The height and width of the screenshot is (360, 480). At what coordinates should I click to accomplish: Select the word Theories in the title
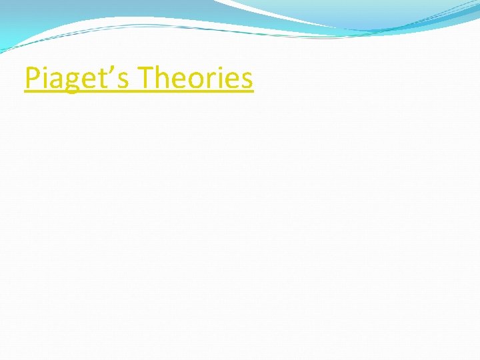point(197,79)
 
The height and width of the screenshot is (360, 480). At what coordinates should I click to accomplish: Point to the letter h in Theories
point(166,79)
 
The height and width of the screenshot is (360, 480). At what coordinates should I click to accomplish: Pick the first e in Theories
point(183,81)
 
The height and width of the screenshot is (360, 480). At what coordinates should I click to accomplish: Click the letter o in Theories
point(201,81)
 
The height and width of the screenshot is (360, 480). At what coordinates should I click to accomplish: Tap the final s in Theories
point(248,81)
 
